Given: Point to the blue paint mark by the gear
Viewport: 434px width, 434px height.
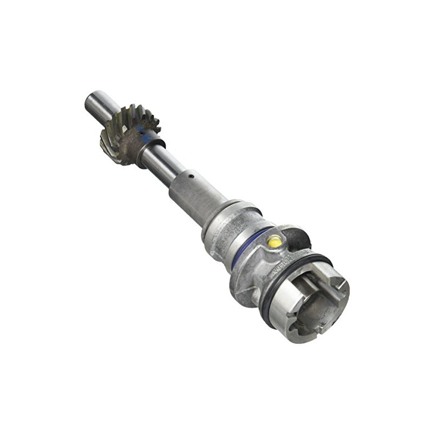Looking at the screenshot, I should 142,130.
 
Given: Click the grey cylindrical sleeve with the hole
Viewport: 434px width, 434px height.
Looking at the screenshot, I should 195,195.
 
